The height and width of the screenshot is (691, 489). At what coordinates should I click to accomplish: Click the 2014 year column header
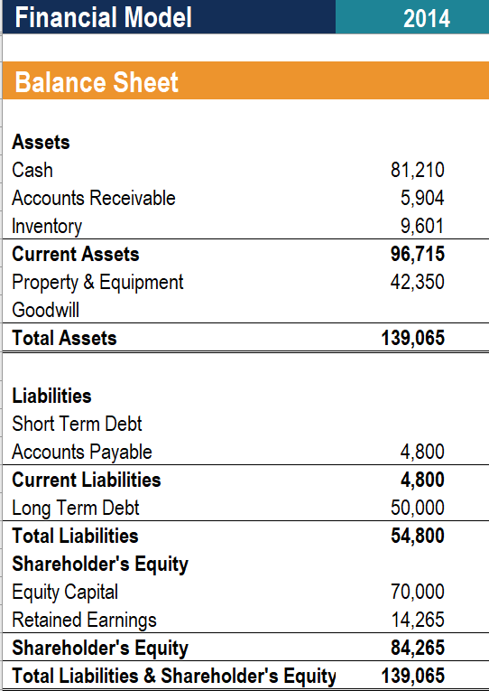pos(427,17)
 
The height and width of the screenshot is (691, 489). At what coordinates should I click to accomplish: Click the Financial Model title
pos(104,17)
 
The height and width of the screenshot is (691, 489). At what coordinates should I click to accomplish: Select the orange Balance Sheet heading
pos(97,82)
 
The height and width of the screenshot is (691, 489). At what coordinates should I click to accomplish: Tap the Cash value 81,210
pos(418,170)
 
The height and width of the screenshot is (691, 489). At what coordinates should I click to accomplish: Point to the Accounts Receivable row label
pos(94,198)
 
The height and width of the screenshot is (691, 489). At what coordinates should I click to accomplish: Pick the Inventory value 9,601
pos(422,226)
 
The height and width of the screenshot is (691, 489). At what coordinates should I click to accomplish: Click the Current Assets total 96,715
pos(417,254)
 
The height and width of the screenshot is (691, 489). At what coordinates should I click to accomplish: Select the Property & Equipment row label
pos(97,282)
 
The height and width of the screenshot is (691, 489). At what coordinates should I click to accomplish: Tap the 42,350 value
pos(417,282)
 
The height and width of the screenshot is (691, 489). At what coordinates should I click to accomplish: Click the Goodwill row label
pos(46,310)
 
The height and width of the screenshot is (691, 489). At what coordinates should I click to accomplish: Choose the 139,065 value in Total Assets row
pos(413,339)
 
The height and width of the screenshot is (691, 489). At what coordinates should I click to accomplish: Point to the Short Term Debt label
pos(78,424)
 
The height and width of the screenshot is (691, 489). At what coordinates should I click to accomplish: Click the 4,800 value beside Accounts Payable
pos(422,452)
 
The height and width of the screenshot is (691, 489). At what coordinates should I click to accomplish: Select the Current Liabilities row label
pos(87,480)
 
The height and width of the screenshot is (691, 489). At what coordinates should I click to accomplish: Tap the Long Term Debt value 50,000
pos(417,508)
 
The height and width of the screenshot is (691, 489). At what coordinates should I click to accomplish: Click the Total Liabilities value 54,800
pos(417,536)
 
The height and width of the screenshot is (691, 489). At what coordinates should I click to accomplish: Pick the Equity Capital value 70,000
pos(417,593)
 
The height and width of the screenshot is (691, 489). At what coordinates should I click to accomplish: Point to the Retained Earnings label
pos(84,620)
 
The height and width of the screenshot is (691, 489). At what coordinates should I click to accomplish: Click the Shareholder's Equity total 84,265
pos(417,648)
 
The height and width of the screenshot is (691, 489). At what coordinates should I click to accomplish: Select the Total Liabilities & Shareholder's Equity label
pos(174,676)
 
